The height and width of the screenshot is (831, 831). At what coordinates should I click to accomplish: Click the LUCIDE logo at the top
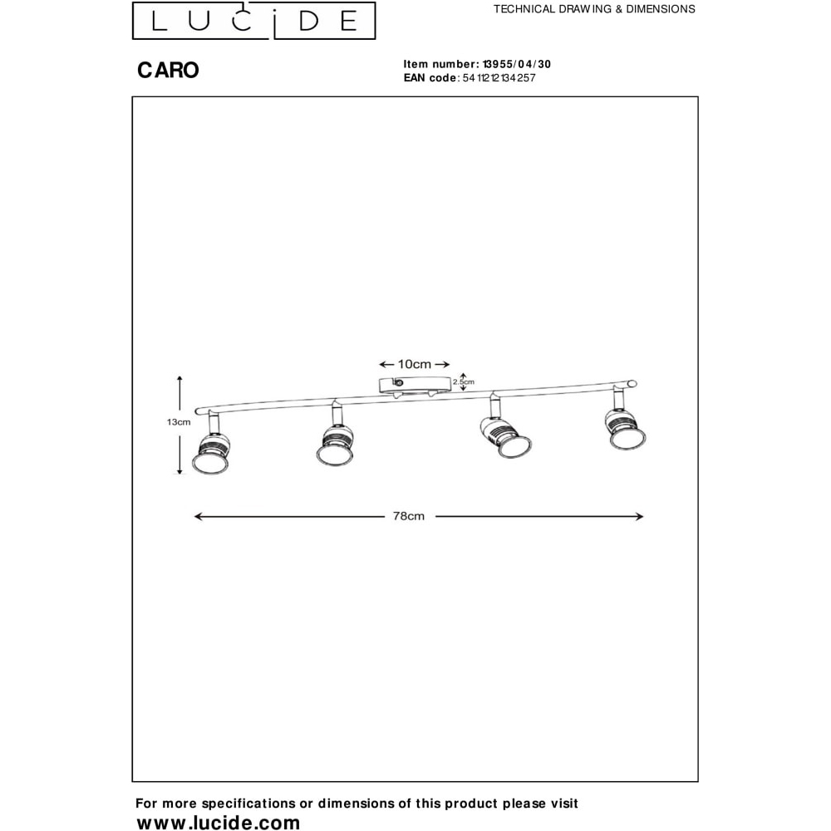253,21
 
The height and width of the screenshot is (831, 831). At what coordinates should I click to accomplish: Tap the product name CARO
168,70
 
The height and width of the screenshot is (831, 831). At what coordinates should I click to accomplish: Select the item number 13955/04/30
517,64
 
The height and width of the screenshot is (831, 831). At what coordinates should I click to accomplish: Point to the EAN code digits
499,78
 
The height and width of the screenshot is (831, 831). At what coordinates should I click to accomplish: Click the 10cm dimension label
415,364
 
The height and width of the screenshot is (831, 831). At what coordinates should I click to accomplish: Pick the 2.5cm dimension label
463,381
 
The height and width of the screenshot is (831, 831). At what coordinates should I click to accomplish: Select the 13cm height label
179,422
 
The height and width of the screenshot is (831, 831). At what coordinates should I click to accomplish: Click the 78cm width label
409,516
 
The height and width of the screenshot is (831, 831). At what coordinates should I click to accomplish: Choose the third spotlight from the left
504,437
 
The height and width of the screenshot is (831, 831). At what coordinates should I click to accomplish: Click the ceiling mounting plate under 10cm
414,385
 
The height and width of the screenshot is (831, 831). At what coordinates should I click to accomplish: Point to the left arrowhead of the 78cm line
199,516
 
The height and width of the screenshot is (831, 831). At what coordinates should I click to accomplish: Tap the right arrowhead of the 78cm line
639,516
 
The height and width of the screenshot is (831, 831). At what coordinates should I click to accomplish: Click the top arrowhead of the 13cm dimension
179,380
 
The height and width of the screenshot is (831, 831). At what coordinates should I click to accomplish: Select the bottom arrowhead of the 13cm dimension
179,470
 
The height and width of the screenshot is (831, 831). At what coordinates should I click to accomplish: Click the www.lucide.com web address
219,822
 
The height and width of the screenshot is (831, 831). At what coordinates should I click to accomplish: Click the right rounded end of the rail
632,384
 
